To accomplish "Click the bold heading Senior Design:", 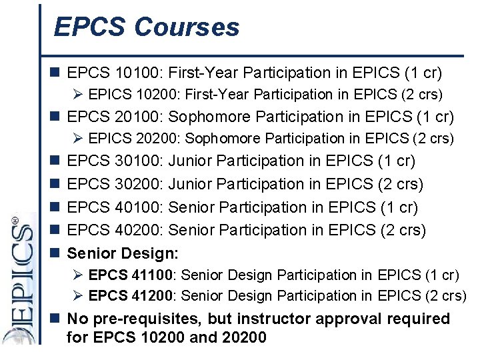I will point(123,253).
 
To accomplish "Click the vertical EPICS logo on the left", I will point(19,280).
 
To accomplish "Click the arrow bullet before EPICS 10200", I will point(79,95).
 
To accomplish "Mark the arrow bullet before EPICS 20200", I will point(79,139).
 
